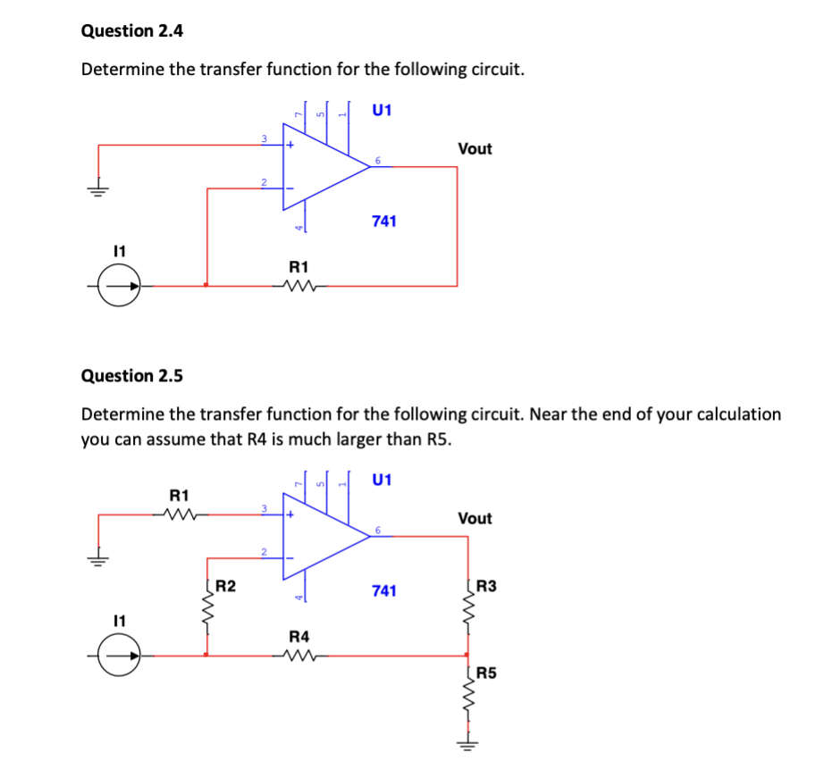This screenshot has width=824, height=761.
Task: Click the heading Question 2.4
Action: pyautogui.click(x=132, y=30)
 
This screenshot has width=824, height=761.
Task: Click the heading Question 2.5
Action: pyautogui.click(x=132, y=375)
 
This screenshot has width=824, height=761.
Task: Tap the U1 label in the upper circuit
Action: pyautogui.click(x=382, y=111)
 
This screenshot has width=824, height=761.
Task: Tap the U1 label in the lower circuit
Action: pyautogui.click(x=382, y=480)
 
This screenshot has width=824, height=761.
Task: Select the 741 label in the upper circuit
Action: pyautogui.click(x=384, y=221)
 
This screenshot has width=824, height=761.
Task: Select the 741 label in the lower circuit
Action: pyautogui.click(x=384, y=590)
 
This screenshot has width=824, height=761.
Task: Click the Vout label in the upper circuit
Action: pyautogui.click(x=475, y=149)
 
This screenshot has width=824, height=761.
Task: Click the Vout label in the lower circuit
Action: pyautogui.click(x=475, y=518)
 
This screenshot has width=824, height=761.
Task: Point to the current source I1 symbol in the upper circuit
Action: pyautogui.click(x=119, y=287)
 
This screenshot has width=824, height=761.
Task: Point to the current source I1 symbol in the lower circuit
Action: pyautogui.click(x=119, y=656)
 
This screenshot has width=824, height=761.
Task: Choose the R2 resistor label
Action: pyautogui.click(x=227, y=587)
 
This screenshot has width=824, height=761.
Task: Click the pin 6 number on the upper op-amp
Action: pyautogui.click(x=378, y=160)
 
